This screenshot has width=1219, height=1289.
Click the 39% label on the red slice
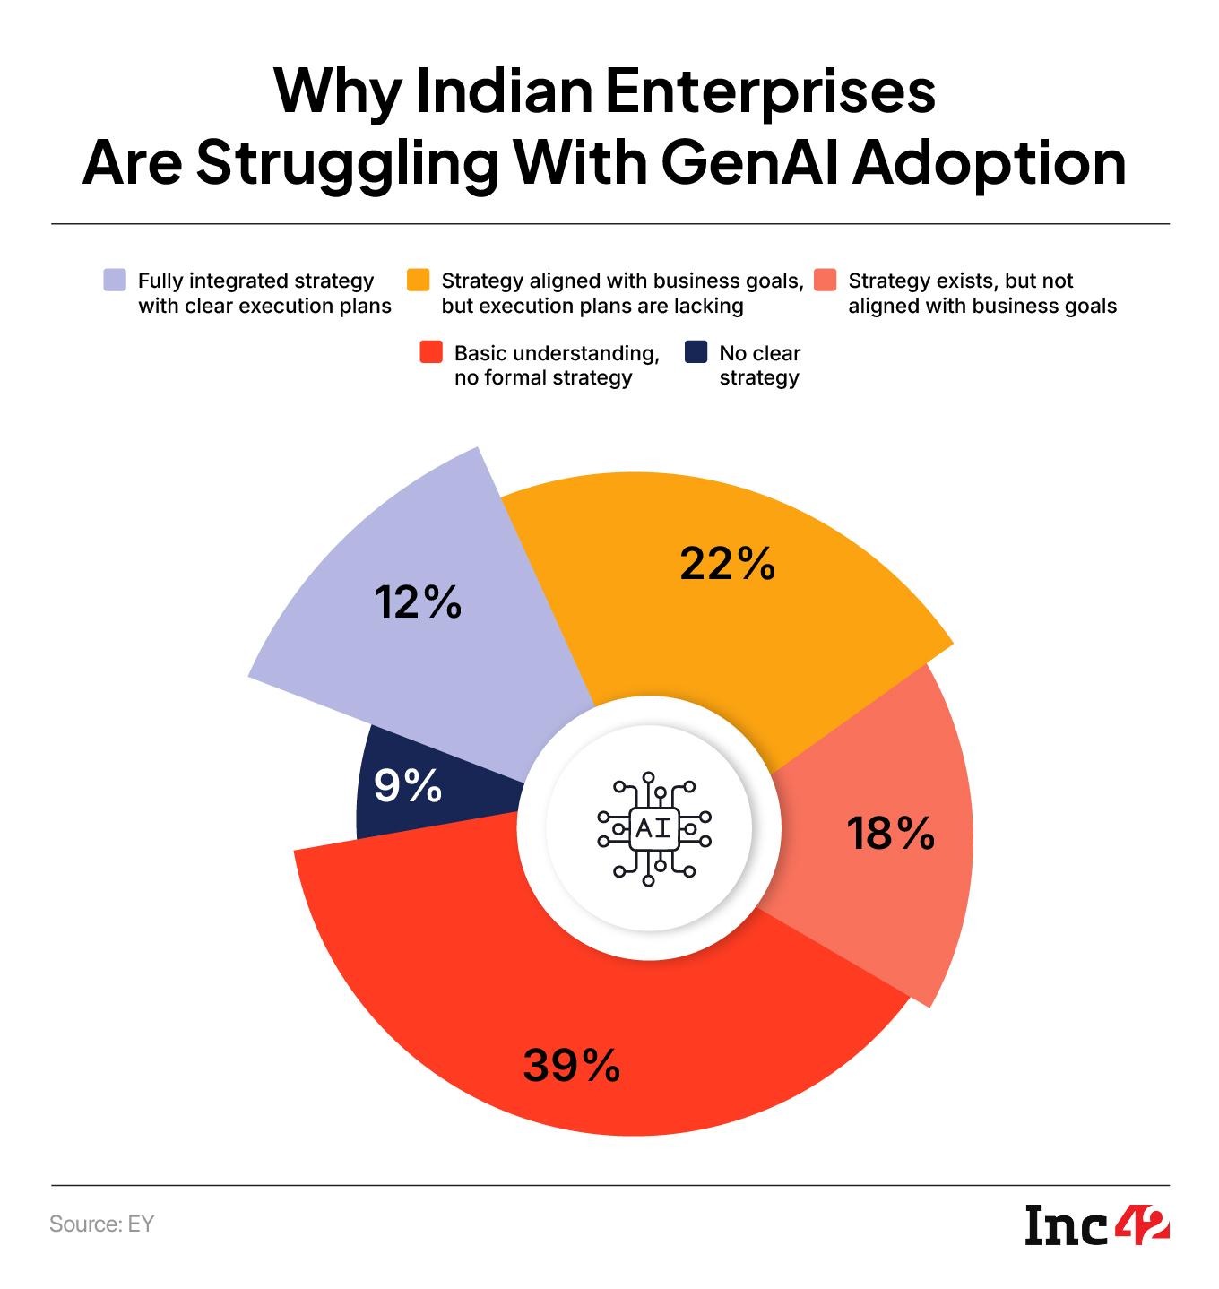tap(572, 1066)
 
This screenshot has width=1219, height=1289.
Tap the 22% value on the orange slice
tap(727, 564)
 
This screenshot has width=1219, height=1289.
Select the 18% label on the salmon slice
tap(891, 834)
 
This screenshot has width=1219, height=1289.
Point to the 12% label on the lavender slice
tap(418, 602)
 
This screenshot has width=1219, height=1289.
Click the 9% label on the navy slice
tap(408, 786)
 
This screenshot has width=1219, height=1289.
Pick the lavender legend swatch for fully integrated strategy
tap(115, 281)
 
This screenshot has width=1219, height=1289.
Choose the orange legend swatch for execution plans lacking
tap(419, 281)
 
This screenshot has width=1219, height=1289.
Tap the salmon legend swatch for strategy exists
tap(826, 281)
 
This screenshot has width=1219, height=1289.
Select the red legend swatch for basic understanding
tap(431, 352)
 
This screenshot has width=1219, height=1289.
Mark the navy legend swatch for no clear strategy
tap(696, 352)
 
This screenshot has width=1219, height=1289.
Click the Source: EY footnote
tap(102, 1224)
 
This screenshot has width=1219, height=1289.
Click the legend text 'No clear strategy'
tap(759, 365)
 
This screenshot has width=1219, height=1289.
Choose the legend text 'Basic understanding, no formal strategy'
tap(557, 365)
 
